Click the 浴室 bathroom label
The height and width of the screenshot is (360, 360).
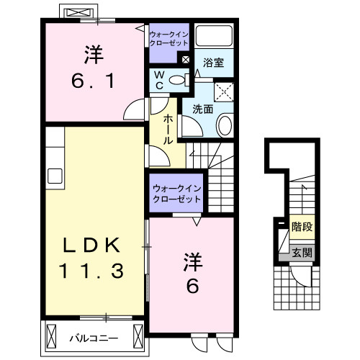(213, 63)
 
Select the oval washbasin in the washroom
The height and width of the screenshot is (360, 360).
(225, 126)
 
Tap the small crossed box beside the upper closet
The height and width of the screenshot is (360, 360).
(186, 60)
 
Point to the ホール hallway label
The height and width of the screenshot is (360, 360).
(168, 129)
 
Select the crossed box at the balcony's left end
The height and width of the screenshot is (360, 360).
(51, 336)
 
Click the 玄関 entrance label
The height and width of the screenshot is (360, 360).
(302, 252)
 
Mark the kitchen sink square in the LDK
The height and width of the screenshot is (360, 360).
(55, 175)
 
